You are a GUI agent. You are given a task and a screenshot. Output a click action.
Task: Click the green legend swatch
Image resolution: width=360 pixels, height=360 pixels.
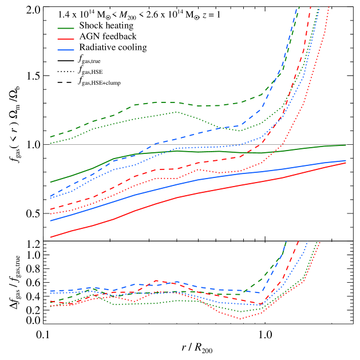(66, 28)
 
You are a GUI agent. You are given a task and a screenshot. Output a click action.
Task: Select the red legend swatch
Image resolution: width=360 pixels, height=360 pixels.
(66, 39)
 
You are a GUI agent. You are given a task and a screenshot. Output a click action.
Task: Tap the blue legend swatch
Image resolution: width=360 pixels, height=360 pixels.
(66, 50)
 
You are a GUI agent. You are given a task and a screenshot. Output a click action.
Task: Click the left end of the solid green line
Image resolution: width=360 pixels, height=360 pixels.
(51, 182)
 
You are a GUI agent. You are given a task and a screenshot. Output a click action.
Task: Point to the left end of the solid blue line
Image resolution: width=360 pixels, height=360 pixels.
(51, 220)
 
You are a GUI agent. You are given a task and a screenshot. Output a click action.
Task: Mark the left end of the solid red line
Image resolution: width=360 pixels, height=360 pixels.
(51, 237)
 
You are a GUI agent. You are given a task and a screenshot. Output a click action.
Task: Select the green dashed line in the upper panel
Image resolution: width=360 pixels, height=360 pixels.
(155, 102)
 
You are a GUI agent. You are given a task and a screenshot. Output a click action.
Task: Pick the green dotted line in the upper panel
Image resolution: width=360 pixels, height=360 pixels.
(155, 116)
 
